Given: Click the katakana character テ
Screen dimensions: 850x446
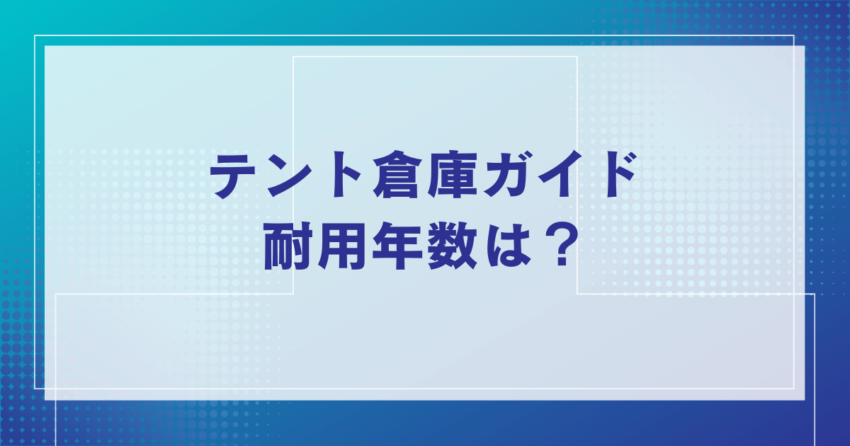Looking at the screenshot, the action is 232,176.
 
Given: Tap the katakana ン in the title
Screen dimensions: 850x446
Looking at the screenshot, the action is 288,176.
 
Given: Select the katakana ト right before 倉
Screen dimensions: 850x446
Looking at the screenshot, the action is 344,175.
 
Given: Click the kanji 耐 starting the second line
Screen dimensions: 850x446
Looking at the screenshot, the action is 288,246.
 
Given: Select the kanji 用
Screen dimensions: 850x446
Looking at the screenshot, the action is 342,246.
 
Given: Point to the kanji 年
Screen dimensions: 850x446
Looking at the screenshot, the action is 397,246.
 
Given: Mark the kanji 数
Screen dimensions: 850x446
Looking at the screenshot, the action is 453,246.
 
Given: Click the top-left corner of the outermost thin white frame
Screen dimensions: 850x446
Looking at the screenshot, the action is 35,35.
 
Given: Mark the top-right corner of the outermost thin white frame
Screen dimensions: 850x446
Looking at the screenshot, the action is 794,35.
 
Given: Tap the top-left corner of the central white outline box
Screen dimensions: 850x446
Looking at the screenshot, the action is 293,57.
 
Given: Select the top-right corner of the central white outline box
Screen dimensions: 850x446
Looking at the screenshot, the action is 577,57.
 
